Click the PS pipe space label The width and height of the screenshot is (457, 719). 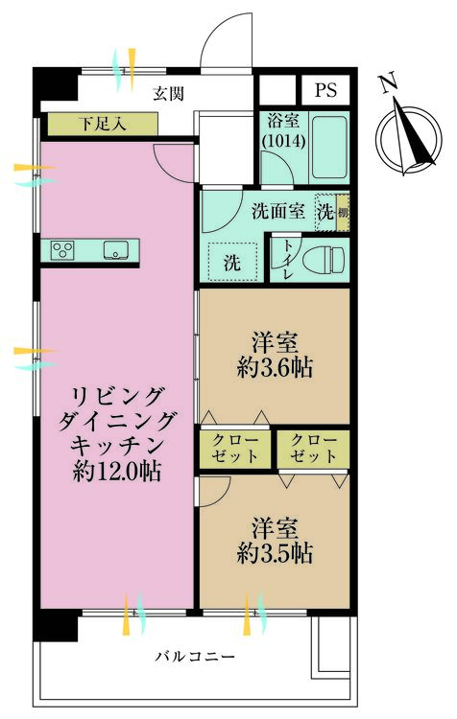click(x=325, y=90)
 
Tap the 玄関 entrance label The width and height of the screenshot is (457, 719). click(x=169, y=94)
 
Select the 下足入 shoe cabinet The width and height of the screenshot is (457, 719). click(x=103, y=124)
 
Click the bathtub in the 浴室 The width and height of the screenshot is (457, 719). click(x=329, y=148)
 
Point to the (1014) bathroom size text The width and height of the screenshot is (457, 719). click(x=283, y=140)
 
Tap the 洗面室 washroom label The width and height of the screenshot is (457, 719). click(x=277, y=212)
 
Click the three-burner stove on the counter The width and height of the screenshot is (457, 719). click(x=62, y=250)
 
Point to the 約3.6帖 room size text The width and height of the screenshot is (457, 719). click(x=275, y=367)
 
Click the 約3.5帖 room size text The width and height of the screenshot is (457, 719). click(x=275, y=552)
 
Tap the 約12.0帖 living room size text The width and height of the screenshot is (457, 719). click(x=117, y=471)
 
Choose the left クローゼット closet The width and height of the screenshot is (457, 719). click(x=234, y=449)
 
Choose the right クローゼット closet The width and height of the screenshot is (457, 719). click(x=314, y=449)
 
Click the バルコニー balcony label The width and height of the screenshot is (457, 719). click(x=195, y=657)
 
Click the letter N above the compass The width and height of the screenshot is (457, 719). click(x=388, y=83)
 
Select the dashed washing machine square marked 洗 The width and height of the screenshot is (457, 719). click(x=232, y=261)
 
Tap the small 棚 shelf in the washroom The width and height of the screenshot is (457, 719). click(x=343, y=212)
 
